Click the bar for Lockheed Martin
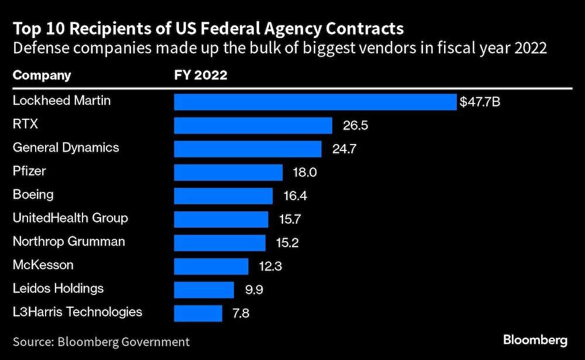tap(315, 102)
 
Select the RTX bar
tap(253, 125)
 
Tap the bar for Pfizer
tap(228, 172)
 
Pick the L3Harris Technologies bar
tap(198, 313)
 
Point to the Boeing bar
tap(223, 196)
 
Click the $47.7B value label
tap(480, 102)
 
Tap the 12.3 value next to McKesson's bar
tap(271, 266)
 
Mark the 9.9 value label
tap(256, 290)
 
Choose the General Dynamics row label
tap(66, 148)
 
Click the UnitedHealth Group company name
tap(70, 218)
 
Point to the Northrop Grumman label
tap(69, 241)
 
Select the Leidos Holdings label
tap(58, 288)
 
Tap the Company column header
tap(42, 76)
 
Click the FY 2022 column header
tap(201, 76)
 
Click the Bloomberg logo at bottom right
tap(535, 340)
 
